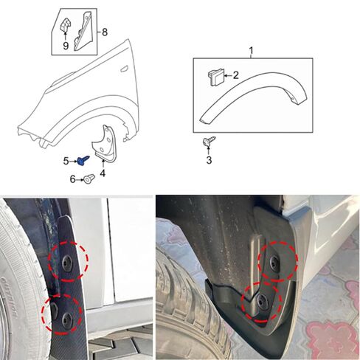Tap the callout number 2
pyautogui.click(x=235, y=75)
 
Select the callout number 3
pyautogui.click(x=209, y=159)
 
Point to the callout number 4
pyautogui.click(x=103, y=173)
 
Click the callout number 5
pyautogui.click(x=66, y=160)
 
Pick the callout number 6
pyautogui.click(x=72, y=179)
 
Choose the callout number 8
pyautogui.click(x=104, y=32)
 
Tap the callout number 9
pyautogui.click(x=66, y=46)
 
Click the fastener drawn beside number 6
pyautogui.click(x=88, y=178)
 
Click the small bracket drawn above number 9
pyautogui.click(x=65, y=26)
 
